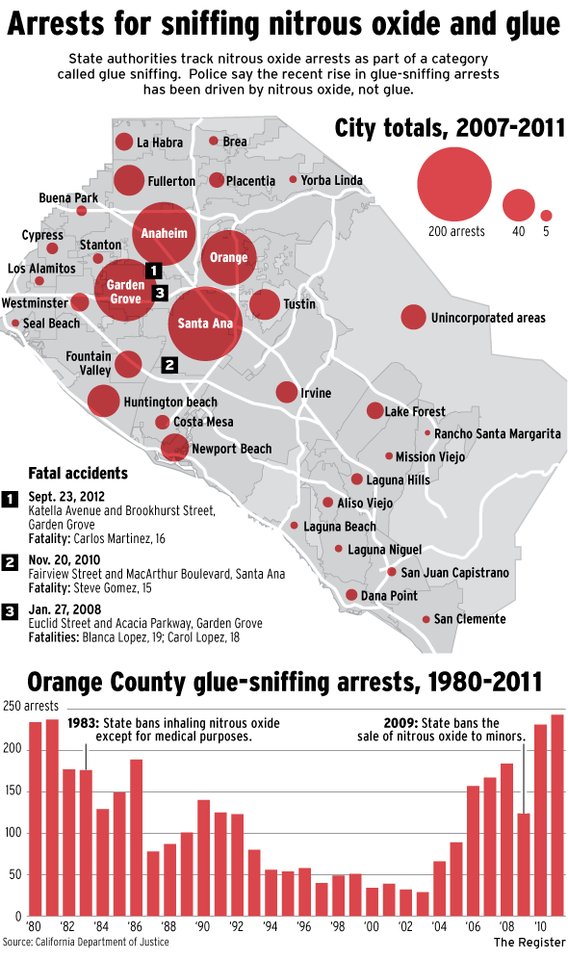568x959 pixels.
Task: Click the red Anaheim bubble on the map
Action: click(x=165, y=234)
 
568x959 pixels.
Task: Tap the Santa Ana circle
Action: click(x=205, y=324)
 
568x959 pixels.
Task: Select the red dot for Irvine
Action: click(x=287, y=392)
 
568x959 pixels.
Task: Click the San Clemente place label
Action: click(x=469, y=618)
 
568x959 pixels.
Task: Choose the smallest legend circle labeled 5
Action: click(x=546, y=216)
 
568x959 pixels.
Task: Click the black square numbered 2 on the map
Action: click(x=169, y=365)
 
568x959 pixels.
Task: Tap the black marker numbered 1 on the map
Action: click(x=151, y=271)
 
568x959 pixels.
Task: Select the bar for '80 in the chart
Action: click(x=36, y=818)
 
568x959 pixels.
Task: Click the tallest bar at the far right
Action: click(x=557, y=815)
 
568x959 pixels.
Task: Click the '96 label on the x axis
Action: click(x=304, y=926)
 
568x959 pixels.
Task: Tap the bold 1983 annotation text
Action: click(x=84, y=722)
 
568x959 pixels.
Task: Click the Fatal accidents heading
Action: click(x=78, y=474)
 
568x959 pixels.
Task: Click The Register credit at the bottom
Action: click(x=528, y=941)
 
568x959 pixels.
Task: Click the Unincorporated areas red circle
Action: click(x=413, y=317)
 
